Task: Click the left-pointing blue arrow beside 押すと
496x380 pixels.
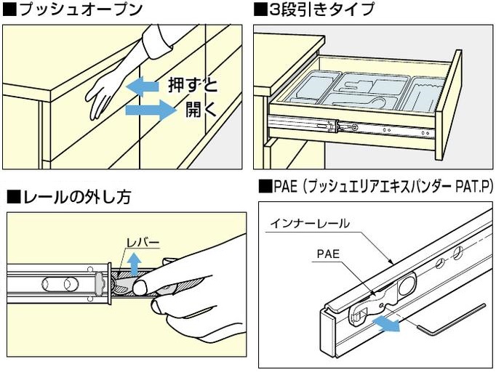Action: pos(144,86)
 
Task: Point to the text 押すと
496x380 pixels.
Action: pos(193,86)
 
